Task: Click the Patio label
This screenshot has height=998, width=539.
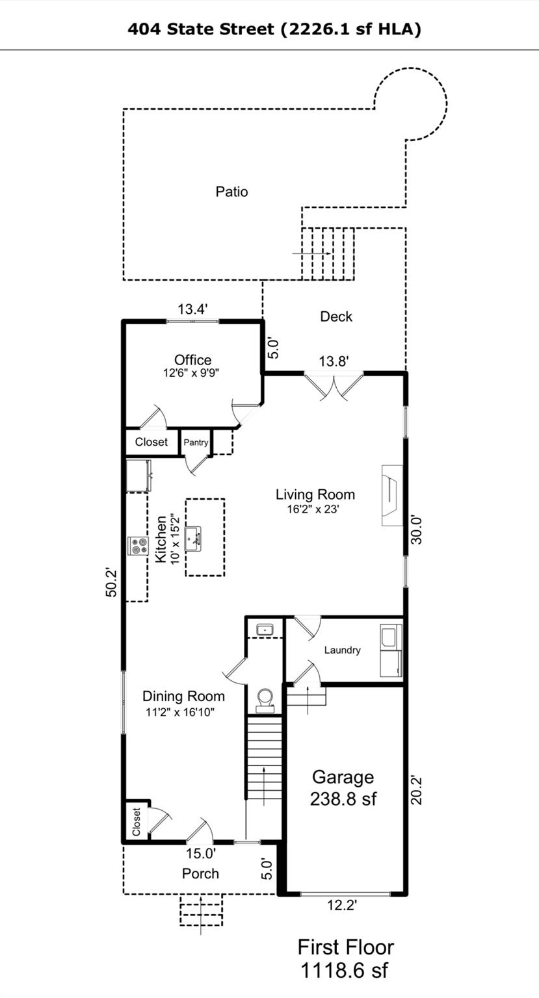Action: coord(231,192)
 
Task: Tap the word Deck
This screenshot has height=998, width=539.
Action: coord(336,316)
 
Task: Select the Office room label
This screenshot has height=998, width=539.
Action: coord(192,359)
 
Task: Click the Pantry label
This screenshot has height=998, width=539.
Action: coord(196,442)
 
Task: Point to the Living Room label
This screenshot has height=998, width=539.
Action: coord(315,494)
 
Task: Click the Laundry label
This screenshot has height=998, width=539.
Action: coord(342,650)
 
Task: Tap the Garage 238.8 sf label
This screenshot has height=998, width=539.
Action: coord(343,787)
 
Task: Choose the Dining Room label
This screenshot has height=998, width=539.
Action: coord(183,696)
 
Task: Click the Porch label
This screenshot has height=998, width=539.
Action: coord(200,873)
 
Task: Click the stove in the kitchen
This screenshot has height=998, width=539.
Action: coord(138,546)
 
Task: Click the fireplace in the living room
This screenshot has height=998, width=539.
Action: coord(392,496)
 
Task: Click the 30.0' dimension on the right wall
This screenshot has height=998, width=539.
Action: coord(415,530)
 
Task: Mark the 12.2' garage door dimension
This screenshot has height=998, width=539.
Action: coord(342,905)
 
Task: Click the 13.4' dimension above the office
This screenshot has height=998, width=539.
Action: coord(192,309)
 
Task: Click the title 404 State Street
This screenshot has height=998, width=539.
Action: coord(201,29)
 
